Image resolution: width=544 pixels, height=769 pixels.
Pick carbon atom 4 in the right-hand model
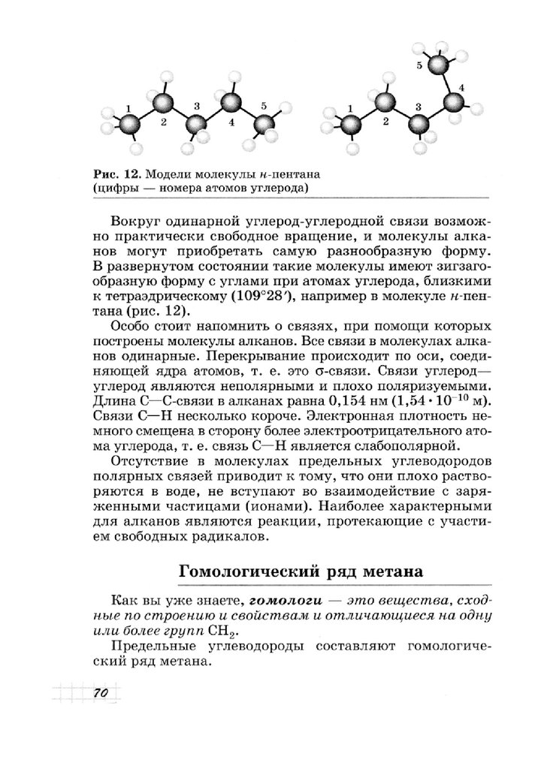click(454, 103)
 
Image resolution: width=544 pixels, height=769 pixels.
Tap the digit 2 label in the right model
click(385, 120)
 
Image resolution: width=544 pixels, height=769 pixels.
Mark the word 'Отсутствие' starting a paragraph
click(148, 461)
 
